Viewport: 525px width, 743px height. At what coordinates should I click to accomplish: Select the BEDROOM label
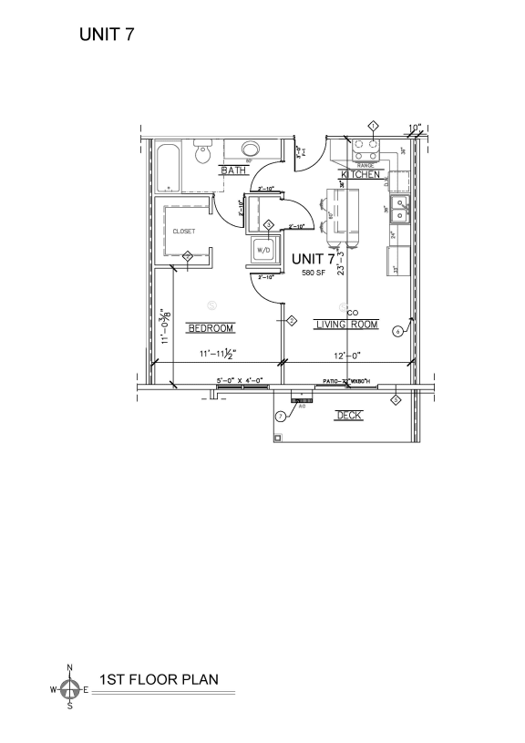click(211, 327)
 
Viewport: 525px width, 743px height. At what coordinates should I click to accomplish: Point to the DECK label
click(348, 415)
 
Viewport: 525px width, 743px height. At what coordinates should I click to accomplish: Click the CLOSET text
click(184, 232)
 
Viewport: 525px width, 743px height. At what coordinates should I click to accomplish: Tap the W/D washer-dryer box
click(262, 249)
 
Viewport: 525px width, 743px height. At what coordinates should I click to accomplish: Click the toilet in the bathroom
click(204, 152)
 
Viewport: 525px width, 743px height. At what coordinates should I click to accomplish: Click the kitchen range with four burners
click(365, 146)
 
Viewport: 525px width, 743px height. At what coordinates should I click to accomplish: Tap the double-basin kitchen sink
click(399, 209)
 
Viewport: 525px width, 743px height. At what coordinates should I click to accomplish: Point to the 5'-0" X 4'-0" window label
click(240, 380)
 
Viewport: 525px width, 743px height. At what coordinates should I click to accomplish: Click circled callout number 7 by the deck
click(281, 416)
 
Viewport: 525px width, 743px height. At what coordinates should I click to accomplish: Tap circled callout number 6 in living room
click(397, 331)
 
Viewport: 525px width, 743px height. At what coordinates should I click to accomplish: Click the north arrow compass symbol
click(69, 690)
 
